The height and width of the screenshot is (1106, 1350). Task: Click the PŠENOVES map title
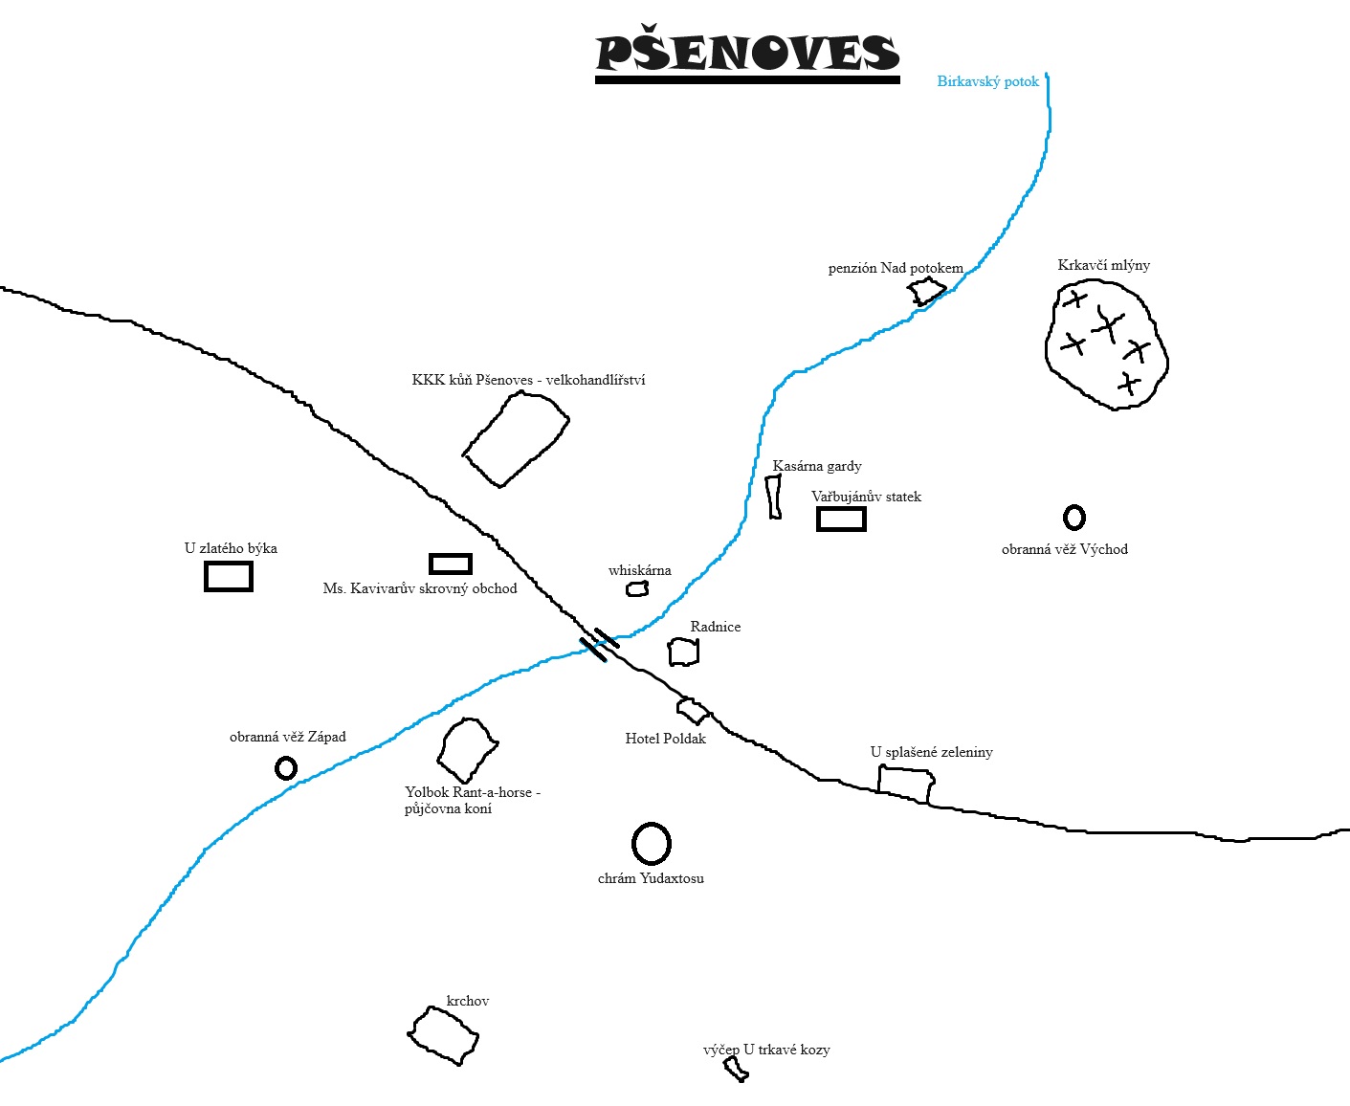point(747,54)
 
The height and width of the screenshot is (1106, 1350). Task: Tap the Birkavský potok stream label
point(987,81)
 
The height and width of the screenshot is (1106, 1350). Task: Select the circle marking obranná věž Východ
point(1074,518)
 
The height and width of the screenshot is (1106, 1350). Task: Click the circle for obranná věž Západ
point(285,768)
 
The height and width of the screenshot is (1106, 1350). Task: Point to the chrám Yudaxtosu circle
point(652,843)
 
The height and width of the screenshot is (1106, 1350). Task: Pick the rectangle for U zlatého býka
point(229,577)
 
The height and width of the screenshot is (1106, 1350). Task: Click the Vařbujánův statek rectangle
point(841,519)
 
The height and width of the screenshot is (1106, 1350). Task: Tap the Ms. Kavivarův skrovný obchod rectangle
point(451,564)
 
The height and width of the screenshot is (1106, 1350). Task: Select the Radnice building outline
point(683,653)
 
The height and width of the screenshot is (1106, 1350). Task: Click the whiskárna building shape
point(637,589)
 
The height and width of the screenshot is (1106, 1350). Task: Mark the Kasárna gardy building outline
point(774,497)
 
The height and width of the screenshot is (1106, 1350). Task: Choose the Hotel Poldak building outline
point(692,711)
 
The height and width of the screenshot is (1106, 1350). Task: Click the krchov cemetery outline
point(443,1035)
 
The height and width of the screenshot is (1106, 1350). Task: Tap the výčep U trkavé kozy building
point(736,1069)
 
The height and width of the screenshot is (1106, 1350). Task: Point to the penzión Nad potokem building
point(926,291)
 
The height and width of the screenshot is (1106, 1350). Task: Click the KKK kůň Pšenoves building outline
point(517,438)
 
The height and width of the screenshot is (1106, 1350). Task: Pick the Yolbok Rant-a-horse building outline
point(467,749)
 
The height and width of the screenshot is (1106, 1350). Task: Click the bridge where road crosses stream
point(600,644)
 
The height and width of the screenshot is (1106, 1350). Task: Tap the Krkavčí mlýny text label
point(1103,265)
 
